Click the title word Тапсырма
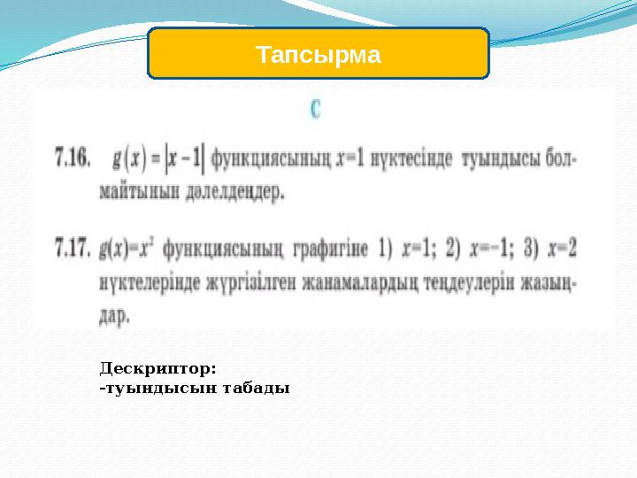[318, 55]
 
